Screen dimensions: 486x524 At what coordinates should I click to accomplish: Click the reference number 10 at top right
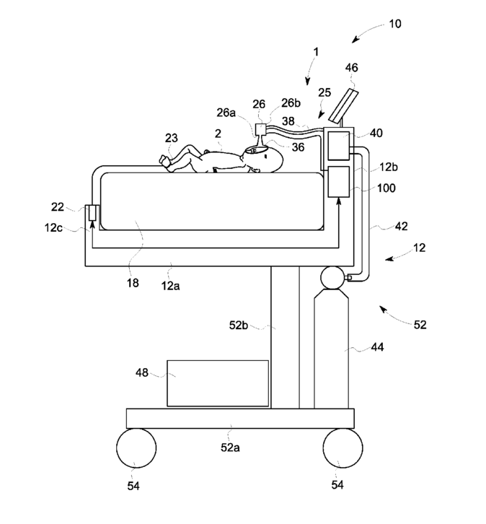tap(395, 24)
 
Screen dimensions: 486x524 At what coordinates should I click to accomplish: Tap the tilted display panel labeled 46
tap(343, 105)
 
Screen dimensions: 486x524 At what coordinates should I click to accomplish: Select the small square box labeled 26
tap(260, 129)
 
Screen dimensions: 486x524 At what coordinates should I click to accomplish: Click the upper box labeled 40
tap(339, 146)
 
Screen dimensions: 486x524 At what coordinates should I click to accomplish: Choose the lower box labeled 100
tap(339, 182)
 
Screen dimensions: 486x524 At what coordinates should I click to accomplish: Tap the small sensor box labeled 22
tap(92, 213)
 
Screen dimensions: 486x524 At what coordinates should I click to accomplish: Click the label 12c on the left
tap(53, 228)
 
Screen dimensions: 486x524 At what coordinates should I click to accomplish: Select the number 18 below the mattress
tap(133, 283)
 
